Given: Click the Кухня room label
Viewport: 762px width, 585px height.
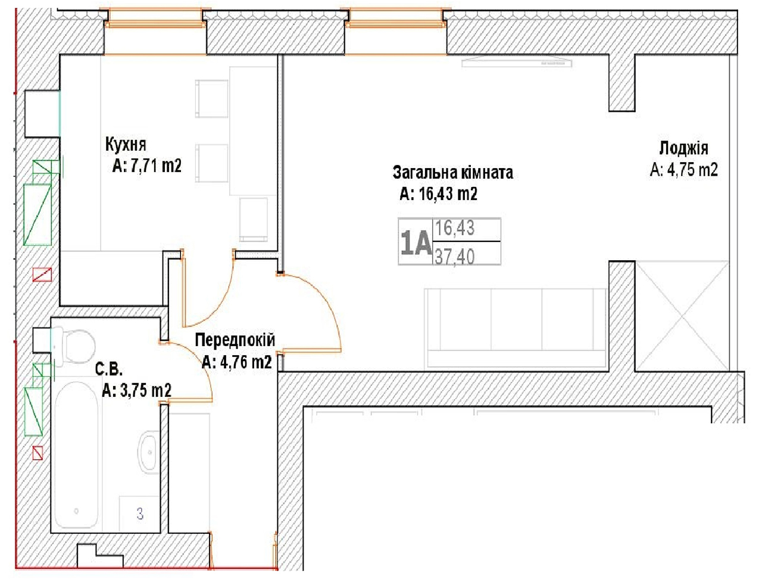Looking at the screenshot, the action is click(126, 145).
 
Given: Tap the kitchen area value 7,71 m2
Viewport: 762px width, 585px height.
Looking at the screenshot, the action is click(156, 165).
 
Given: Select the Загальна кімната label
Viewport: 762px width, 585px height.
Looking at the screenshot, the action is click(452, 173).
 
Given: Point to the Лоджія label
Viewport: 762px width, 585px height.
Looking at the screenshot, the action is click(683, 148).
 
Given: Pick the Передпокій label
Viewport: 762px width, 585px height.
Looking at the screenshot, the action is click(235, 340).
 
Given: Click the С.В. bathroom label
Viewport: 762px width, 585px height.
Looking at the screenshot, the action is click(109, 369).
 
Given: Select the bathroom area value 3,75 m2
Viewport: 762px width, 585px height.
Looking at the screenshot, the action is click(146, 390).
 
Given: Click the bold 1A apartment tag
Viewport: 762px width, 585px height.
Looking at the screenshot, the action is click(416, 242).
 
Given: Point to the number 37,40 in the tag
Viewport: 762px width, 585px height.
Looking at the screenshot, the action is click(454, 257).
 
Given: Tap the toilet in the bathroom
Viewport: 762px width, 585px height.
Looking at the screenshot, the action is click(75, 347).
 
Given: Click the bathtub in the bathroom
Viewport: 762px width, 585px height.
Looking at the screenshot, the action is click(76, 455).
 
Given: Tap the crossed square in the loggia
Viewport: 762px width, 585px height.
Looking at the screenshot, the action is click(682, 316).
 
